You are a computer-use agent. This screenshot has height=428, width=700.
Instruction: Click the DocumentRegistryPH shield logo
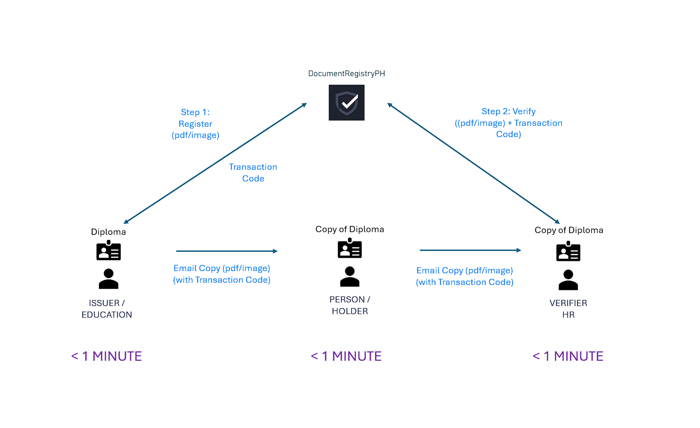coord(346,103)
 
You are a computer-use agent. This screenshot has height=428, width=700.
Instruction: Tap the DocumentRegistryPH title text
coord(346,73)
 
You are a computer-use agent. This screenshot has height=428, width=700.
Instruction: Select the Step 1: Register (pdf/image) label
coord(195,124)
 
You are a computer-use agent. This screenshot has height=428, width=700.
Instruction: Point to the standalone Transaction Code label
coord(253,173)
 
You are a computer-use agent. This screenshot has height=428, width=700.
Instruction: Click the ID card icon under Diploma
coord(108,251)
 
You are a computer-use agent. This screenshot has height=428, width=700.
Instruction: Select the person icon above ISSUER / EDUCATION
coord(108,279)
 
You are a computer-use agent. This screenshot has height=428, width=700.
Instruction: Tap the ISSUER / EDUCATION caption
coord(107,309)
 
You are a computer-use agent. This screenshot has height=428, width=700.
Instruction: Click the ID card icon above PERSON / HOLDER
coord(349,248)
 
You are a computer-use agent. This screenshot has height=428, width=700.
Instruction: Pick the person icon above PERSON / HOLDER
coord(349,277)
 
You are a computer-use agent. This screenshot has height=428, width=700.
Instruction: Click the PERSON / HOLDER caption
coord(349,305)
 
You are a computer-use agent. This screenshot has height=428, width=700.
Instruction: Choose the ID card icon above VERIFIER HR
coord(568,251)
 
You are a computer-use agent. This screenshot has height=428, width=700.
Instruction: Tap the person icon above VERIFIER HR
coord(568,280)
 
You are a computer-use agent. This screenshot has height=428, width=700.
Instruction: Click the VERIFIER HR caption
coord(568,309)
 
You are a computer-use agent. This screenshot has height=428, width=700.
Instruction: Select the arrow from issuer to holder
coord(227,251)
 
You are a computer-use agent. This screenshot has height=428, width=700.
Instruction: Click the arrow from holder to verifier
coord(470,250)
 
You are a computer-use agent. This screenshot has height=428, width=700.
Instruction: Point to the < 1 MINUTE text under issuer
coord(107,356)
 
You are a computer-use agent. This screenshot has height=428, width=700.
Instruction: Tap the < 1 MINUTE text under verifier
coord(568,356)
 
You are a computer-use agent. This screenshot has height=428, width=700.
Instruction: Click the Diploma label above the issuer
coord(108,232)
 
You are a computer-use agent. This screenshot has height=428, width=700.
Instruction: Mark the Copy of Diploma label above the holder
coord(349,229)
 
